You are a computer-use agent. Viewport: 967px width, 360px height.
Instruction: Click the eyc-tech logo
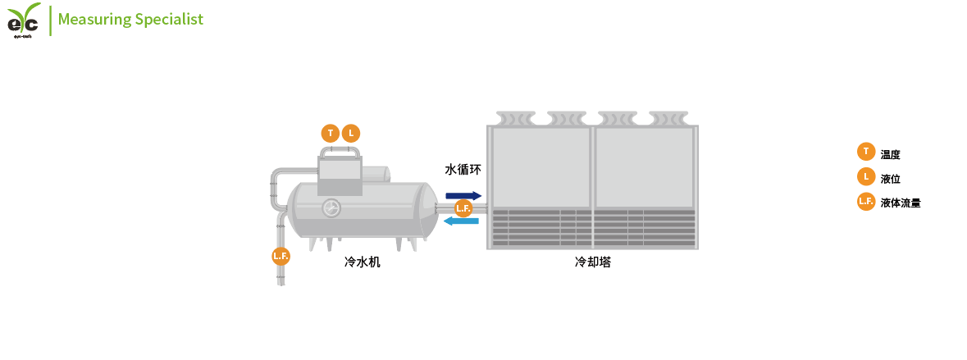24,19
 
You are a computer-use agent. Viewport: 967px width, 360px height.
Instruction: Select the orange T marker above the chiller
330,133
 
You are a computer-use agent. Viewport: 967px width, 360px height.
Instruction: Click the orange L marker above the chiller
350,133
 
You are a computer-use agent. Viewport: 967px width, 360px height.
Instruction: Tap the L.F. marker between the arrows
463,208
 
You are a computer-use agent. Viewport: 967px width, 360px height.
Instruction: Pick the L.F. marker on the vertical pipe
281,256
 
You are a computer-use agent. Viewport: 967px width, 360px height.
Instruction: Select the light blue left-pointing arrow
461,221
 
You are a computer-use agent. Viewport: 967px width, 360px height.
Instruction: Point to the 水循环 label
463,170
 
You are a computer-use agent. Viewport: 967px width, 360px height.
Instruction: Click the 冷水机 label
362,263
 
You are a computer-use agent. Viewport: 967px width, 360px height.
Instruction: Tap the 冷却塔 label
592,263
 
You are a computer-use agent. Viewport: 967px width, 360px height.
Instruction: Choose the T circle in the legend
865,151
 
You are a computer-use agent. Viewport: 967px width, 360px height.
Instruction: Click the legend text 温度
890,154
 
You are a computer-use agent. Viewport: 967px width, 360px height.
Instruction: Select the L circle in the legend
865,175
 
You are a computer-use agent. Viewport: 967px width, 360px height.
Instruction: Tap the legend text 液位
890,178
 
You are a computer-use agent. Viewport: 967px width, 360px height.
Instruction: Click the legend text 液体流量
900,203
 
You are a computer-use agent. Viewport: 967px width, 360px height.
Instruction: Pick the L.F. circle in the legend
865,201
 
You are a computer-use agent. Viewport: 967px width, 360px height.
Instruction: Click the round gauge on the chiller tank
331,207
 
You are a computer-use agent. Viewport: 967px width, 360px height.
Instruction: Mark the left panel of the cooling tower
541,167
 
